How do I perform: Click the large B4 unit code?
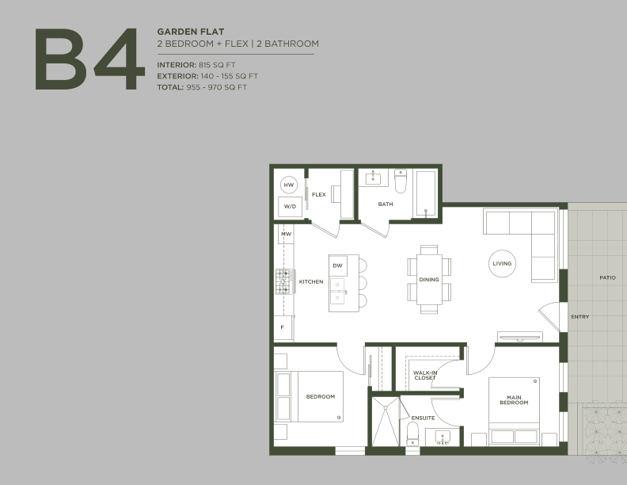(89, 59)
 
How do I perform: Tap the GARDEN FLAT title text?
(190, 32)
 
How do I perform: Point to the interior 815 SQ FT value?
(217, 65)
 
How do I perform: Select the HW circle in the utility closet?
(288, 185)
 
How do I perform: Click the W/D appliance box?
(290, 207)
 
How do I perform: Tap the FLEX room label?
(319, 194)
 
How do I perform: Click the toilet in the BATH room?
(401, 181)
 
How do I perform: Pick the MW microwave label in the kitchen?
(287, 234)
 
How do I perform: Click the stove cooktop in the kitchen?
(284, 281)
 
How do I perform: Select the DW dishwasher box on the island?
(338, 265)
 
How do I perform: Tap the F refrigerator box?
(283, 328)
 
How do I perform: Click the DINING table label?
(429, 279)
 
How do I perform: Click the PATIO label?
(607, 277)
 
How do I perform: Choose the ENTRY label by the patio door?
(579, 316)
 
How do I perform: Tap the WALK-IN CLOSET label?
(425, 375)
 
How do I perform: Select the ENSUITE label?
(423, 418)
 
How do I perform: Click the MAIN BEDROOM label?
(514, 400)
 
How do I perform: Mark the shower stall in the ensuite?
(386, 422)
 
